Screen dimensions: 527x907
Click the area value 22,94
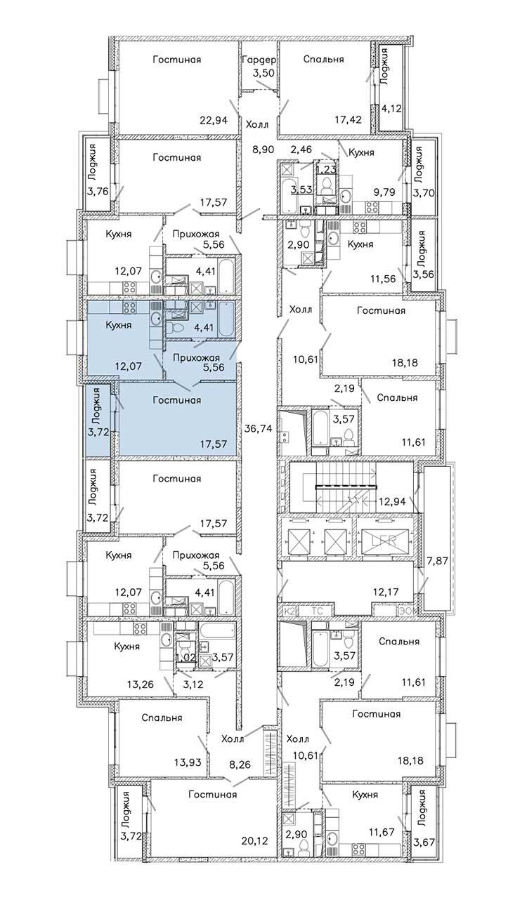click(x=214, y=120)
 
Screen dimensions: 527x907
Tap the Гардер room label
click(x=259, y=60)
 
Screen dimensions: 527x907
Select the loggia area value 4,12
click(x=392, y=109)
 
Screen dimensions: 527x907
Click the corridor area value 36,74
click(x=258, y=428)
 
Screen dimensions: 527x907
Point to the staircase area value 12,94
click(x=392, y=502)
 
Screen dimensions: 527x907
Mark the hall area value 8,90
click(x=263, y=150)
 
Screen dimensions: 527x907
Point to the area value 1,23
click(x=326, y=169)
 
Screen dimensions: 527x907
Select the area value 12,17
click(x=386, y=592)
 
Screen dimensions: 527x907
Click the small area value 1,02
click(x=185, y=657)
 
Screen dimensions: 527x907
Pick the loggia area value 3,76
click(x=98, y=191)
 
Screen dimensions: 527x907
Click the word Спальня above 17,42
click(x=323, y=59)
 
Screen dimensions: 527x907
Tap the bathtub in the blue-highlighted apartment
click(x=226, y=319)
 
